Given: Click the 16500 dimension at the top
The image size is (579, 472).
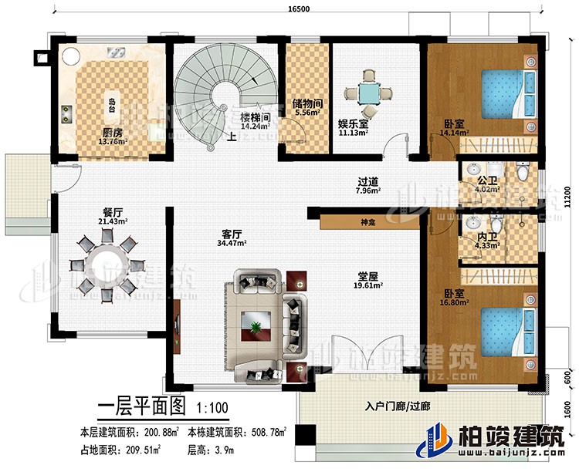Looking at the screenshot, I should point(289,8).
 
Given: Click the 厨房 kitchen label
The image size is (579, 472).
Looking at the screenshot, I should point(110,132).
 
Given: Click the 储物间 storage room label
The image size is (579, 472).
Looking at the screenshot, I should point(307,102).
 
